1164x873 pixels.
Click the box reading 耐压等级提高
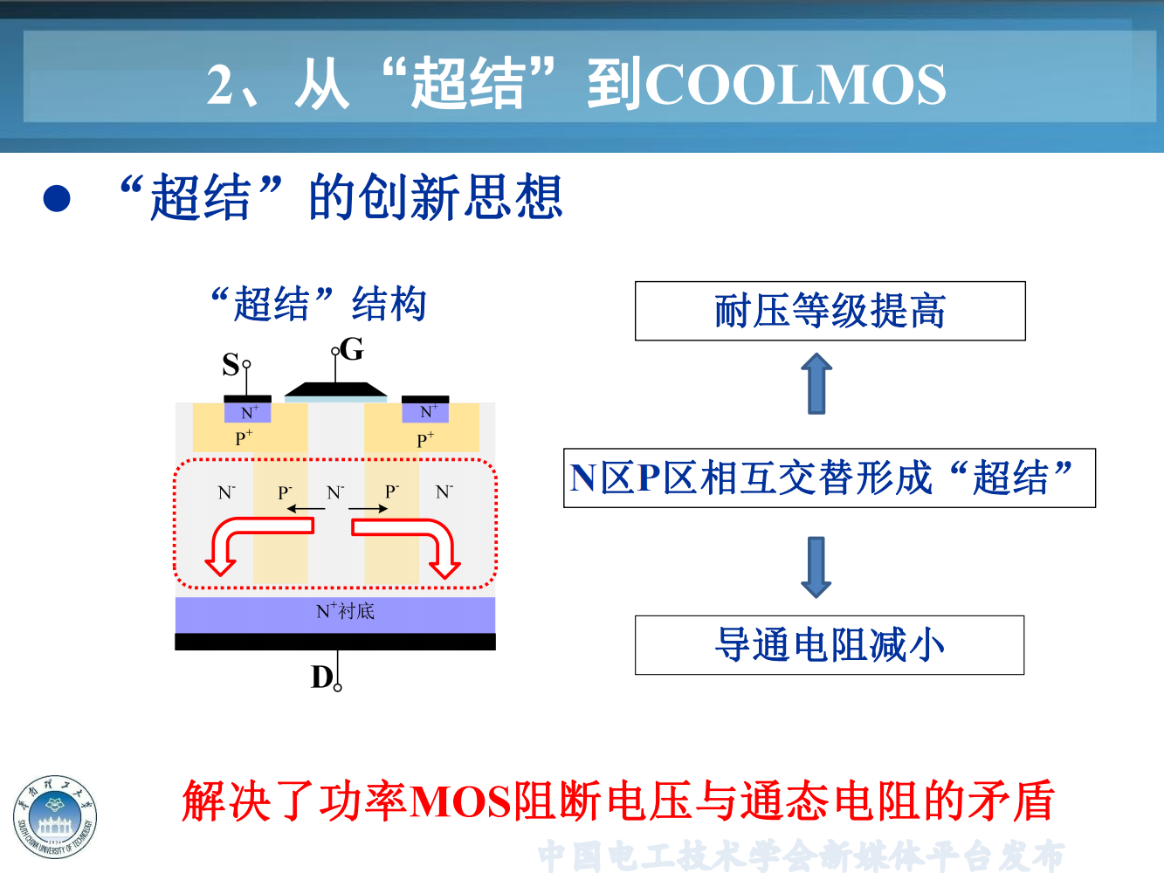coord(830,311)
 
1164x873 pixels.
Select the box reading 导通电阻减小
coord(830,645)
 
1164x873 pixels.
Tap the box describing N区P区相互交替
coord(829,478)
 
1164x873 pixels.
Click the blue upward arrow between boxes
coord(816,383)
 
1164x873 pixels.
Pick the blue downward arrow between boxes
coord(816,567)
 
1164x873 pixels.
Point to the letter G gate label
coord(353,349)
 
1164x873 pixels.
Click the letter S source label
coord(231,364)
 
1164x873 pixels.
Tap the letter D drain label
coord(321,677)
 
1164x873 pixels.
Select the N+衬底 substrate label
coord(345,611)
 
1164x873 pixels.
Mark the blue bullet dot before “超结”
coord(57,199)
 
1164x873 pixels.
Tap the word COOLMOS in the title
coord(795,85)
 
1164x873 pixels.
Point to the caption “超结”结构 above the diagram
coord(319,304)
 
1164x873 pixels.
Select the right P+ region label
coord(425,439)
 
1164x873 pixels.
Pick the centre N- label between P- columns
coord(335,492)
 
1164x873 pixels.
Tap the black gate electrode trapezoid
coord(335,389)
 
